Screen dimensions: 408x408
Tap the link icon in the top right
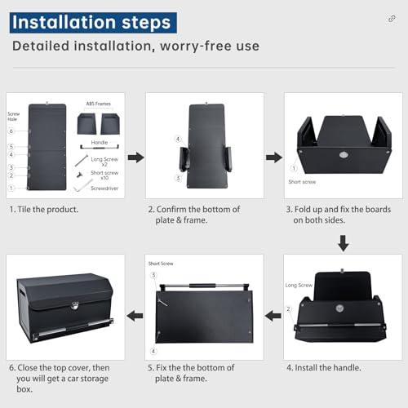click(392, 19)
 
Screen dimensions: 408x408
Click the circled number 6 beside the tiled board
click(11, 131)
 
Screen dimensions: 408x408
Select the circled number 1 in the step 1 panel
click(11, 187)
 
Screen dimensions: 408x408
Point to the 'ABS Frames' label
click(98, 104)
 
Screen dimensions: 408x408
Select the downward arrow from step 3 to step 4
click(343, 242)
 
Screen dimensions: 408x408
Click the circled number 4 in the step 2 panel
click(176, 139)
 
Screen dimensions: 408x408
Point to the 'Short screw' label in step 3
click(301, 181)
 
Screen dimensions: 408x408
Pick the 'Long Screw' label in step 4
click(299, 286)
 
